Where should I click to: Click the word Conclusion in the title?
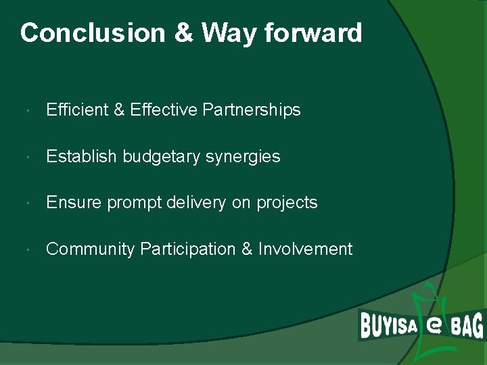click(93, 32)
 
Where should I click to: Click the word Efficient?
click(76, 110)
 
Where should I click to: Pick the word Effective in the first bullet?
click(164, 110)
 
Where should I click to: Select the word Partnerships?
click(252, 110)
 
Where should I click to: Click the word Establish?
click(81, 157)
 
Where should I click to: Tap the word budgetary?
click(161, 157)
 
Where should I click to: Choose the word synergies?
click(243, 157)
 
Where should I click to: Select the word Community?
click(91, 249)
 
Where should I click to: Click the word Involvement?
click(305, 249)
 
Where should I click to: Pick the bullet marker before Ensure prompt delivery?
click(24, 203)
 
